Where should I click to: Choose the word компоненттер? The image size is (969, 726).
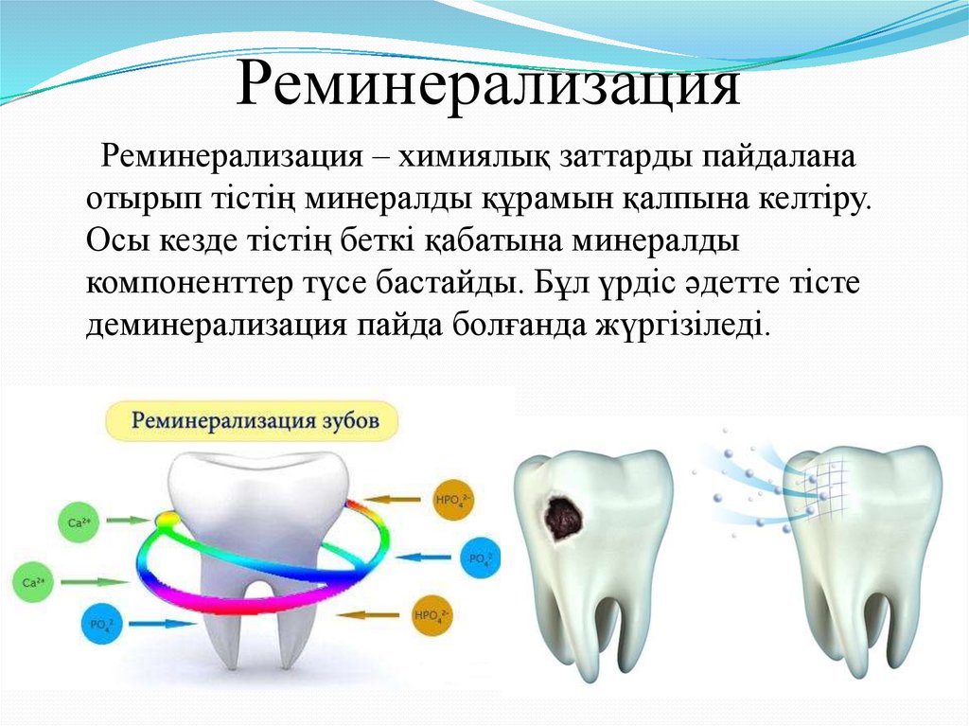[x=189, y=285]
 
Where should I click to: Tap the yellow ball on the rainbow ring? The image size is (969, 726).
[x=165, y=522]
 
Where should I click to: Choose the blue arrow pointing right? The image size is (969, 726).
[x=150, y=624]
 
